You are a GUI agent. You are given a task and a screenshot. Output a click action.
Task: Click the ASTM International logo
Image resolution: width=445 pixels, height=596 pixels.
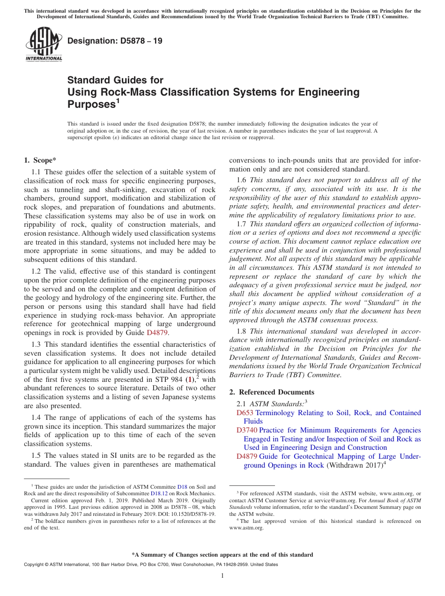pos(44,45)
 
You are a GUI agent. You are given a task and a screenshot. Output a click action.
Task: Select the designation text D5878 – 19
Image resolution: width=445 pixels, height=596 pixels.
pos(115,41)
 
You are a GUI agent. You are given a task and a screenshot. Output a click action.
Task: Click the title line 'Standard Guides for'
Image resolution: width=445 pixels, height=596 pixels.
pos(115,81)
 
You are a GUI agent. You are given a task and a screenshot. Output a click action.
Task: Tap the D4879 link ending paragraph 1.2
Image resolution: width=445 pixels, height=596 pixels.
pos(157,333)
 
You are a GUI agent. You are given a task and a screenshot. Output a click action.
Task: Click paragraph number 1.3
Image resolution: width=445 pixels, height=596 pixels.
pos(37,344)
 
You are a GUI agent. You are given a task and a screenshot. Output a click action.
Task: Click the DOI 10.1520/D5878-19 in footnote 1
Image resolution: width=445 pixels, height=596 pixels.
pos(193,514)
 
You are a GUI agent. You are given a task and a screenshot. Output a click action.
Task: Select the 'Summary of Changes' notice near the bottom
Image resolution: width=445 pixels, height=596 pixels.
pos(222,555)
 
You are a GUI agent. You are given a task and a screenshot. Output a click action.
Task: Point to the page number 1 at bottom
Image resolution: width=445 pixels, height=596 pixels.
pos(222,576)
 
